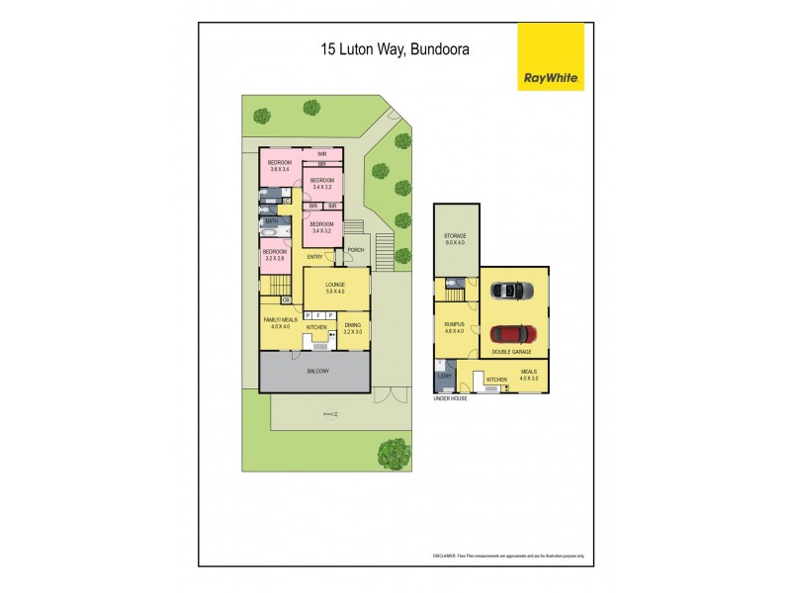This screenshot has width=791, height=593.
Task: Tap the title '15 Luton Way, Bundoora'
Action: pos(395,46)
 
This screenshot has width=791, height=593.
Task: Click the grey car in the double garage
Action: pos(511,290)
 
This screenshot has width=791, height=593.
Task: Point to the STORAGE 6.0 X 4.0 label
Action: pos(455,239)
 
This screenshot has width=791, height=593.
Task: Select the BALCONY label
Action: pos(317,371)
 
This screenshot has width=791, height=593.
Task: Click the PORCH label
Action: pos(355,250)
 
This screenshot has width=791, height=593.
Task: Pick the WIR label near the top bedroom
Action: pos(321,154)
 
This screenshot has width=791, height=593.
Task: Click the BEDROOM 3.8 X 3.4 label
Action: pos(281,166)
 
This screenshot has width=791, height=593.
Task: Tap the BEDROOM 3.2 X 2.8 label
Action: pos(274,255)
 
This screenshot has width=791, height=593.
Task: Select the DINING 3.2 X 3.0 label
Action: pos(352,329)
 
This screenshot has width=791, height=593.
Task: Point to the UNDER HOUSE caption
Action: pos(450,397)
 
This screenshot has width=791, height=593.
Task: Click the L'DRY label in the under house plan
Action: pos(444,378)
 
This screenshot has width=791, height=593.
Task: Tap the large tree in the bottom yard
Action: pos(394,454)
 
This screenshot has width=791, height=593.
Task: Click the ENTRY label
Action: pos(315,257)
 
